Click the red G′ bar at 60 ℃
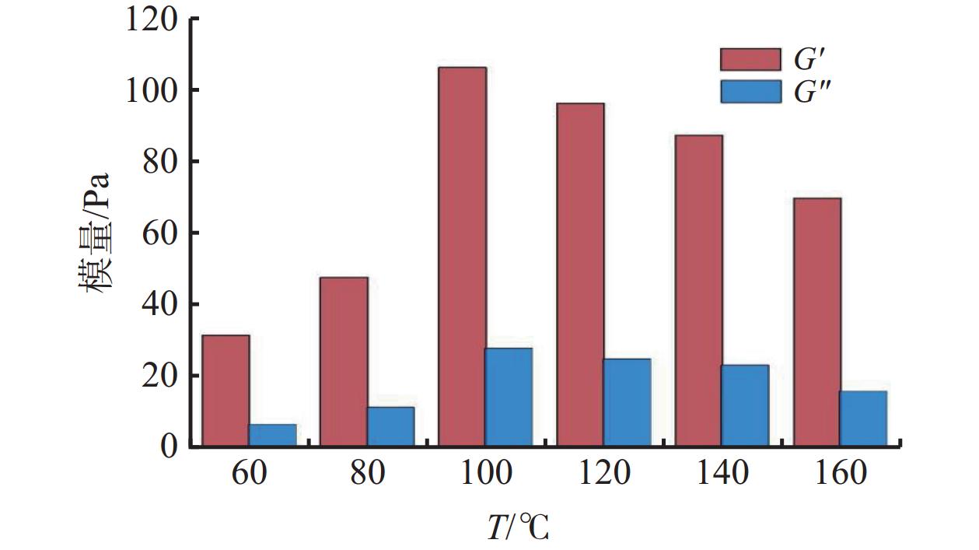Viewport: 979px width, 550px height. click(x=226, y=391)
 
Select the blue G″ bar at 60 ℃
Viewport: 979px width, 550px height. click(x=273, y=435)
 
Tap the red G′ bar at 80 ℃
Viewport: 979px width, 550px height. click(x=344, y=362)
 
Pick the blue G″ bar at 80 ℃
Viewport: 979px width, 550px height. click(x=391, y=426)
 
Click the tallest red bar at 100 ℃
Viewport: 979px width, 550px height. click(x=462, y=257)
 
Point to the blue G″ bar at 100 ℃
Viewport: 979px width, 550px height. click(x=509, y=397)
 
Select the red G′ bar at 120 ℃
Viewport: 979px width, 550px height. click(x=580, y=275)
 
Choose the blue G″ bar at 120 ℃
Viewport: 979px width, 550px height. click(x=627, y=402)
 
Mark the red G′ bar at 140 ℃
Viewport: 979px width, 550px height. click(x=698, y=290)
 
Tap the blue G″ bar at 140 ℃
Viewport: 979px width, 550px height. click(x=745, y=405)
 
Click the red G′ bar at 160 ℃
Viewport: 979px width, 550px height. click(x=816, y=322)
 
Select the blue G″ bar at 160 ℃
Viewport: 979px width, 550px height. click(x=863, y=419)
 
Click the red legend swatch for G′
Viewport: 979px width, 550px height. click(x=750, y=59)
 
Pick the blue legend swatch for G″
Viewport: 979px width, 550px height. click(x=750, y=92)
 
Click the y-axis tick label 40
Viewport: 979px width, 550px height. click(x=163, y=304)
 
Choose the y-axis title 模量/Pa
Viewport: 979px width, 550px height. click(x=96, y=233)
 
